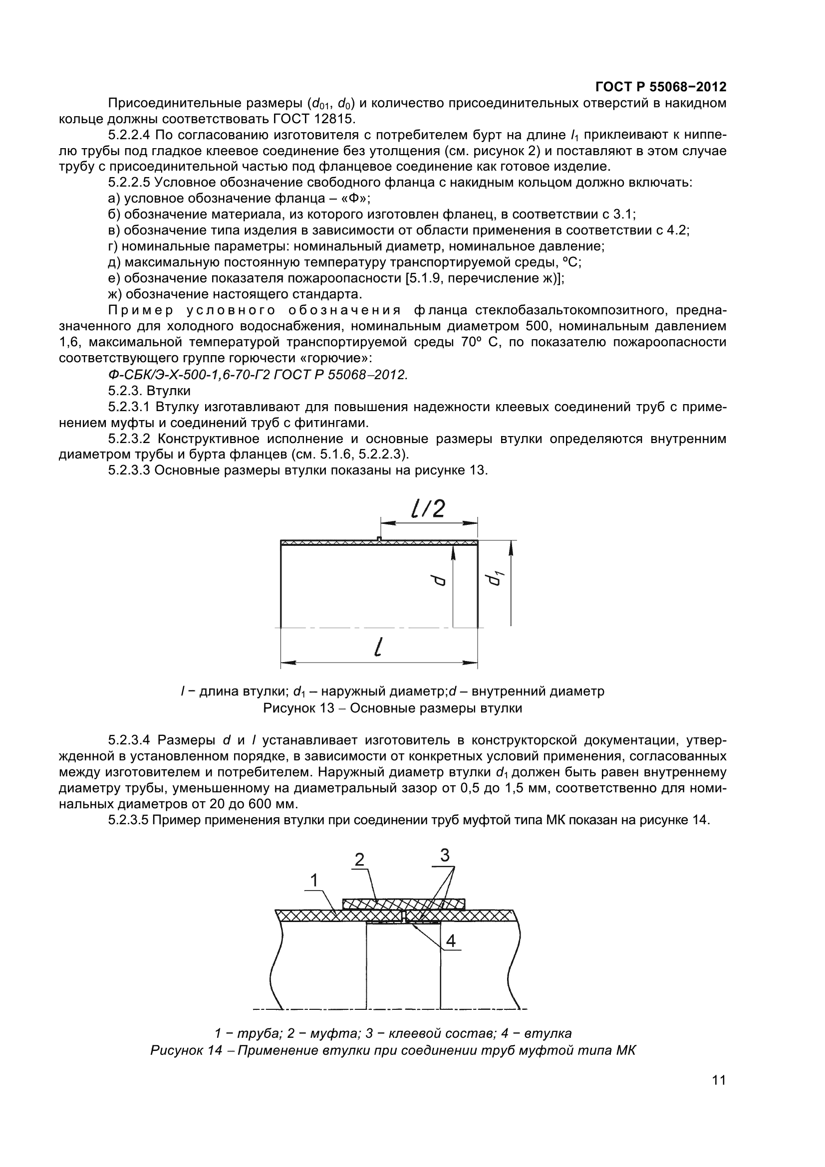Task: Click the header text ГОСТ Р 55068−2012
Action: pyautogui.click(x=661, y=86)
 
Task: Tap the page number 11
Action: pyautogui.click(x=719, y=1094)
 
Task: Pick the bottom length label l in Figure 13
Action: pyautogui.click(x=377, y=648)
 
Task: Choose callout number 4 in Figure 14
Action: pyautogui.click(x=451, y=941)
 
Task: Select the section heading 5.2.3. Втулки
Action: pyautogui.click(x=149, y=391)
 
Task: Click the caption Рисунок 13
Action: pyautogui.click(x=392, y=708)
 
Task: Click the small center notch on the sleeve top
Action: pyautogui.click(x=379, y=539)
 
